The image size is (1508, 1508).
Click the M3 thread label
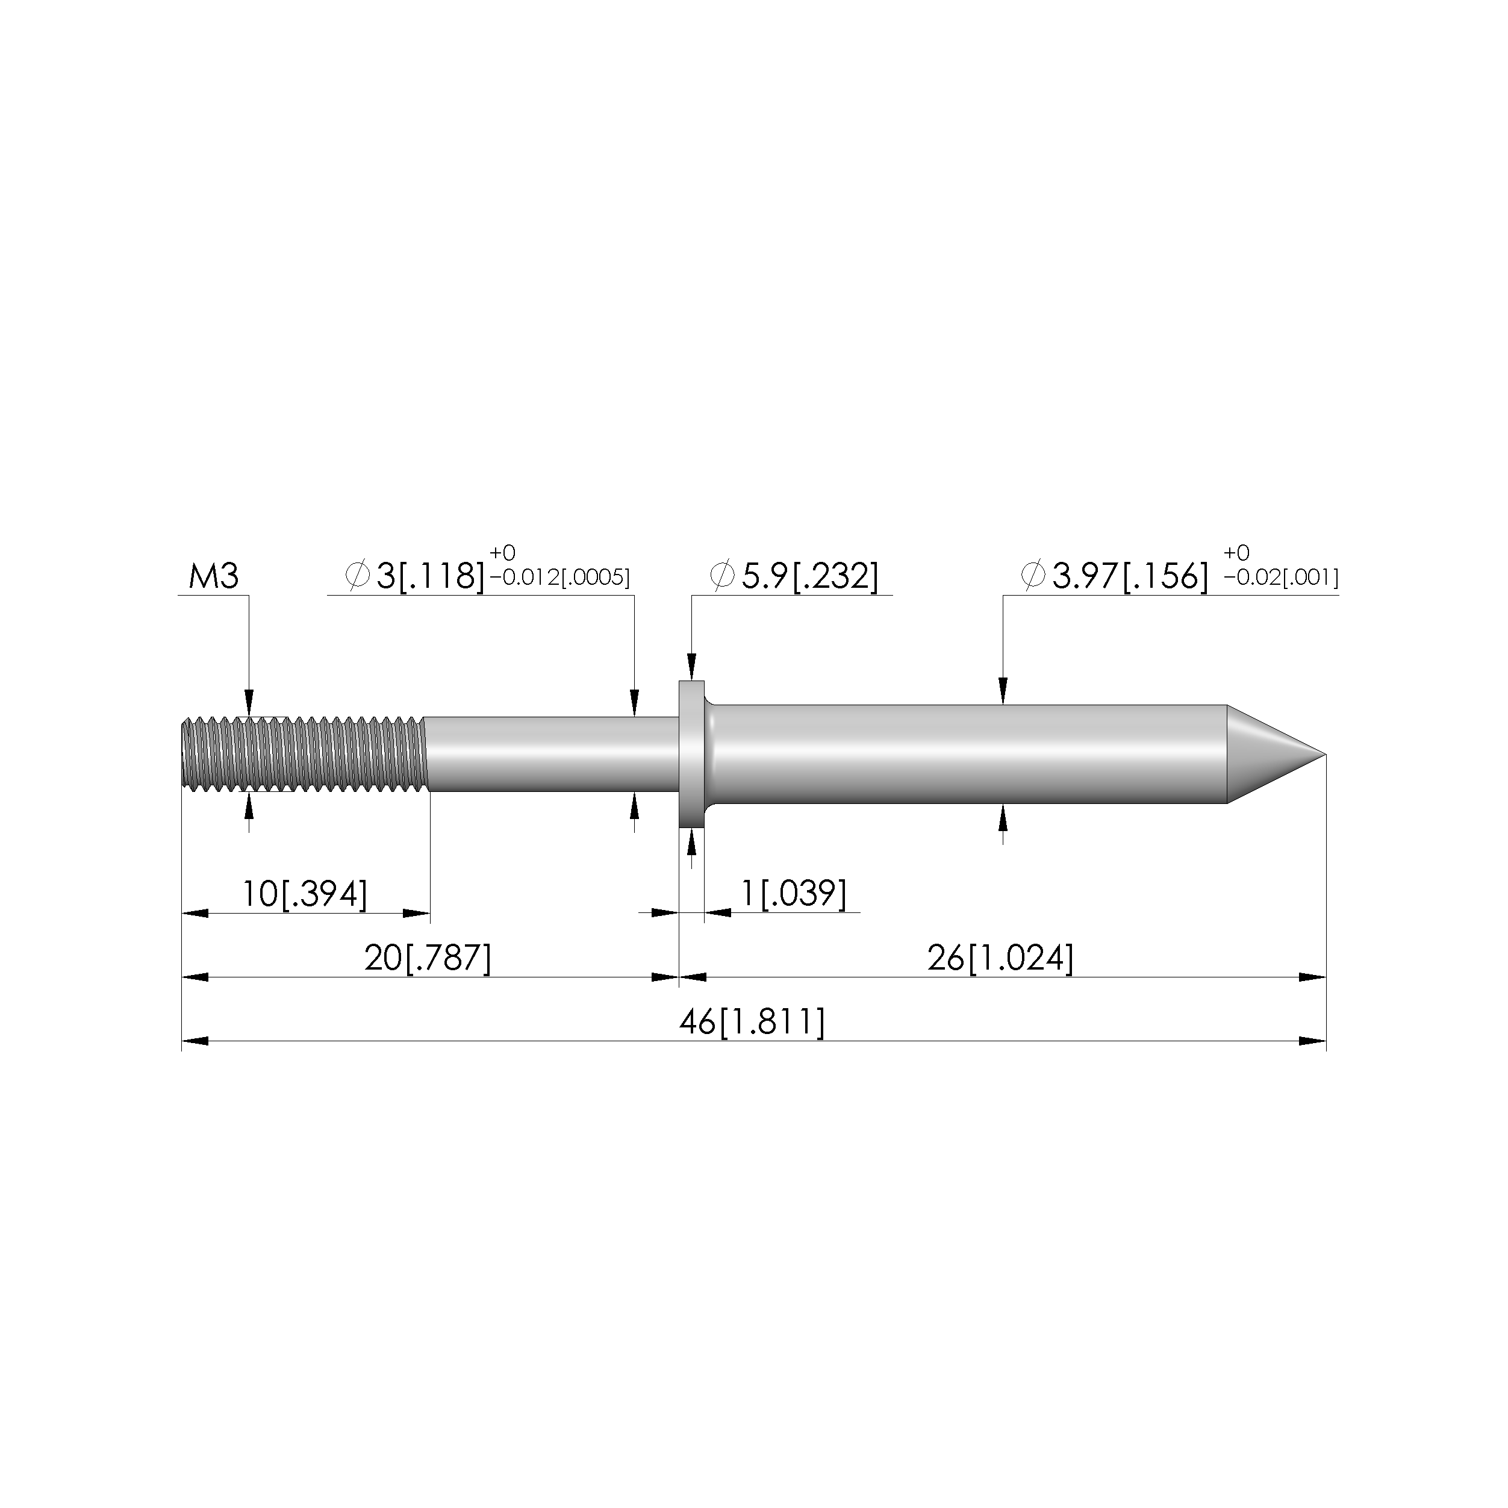213,577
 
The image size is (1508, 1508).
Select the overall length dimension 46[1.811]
752,1022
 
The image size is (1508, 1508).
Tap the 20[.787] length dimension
428,958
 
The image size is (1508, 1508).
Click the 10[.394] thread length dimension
304,894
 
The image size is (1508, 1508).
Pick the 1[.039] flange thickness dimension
793,894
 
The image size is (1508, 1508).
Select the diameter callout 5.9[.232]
794,577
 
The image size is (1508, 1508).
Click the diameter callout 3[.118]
414,577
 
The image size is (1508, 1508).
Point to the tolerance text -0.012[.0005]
559,578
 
